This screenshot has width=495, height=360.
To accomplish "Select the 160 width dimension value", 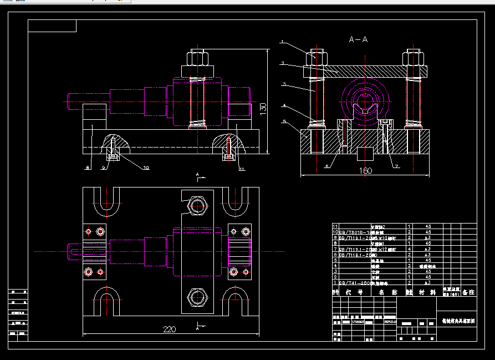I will [x=365, y=171].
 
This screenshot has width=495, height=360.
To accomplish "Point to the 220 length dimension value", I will [x=170, y=329].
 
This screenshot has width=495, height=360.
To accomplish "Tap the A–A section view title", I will [x=358, y=39].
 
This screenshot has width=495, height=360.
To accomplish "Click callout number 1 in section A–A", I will [x=282, y=42].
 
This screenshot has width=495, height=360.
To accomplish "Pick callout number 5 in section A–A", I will [x=283, y=121].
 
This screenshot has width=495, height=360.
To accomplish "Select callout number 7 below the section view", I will [x=397, y=166].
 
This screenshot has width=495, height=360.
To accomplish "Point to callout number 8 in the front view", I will [x=87, y=166].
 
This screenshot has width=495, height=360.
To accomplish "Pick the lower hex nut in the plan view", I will [x=197, y=297].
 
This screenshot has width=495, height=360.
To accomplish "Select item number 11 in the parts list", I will [x=335, y=226].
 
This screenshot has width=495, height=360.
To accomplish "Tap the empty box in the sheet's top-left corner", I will [x=52, y=26].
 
